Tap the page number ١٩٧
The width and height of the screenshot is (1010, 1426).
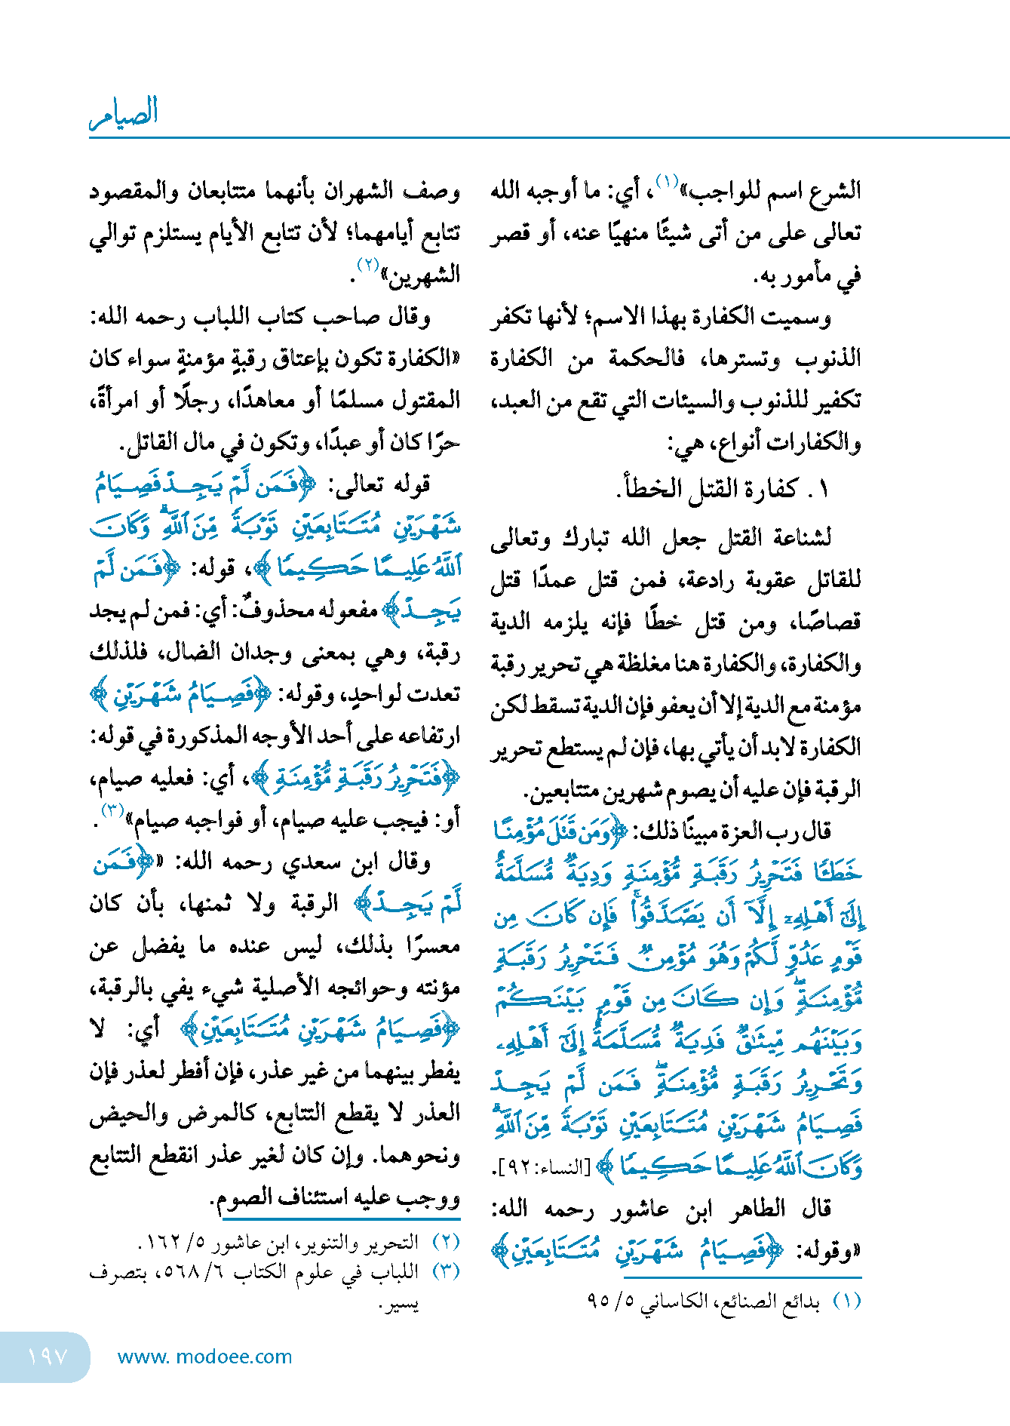[48, 1357]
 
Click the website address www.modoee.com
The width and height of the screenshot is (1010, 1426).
[204, 1357]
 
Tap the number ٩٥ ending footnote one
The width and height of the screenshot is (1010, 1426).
[598, 1302]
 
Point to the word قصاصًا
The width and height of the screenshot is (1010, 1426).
[827, 623]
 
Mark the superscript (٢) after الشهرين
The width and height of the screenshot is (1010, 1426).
[367, 265]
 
